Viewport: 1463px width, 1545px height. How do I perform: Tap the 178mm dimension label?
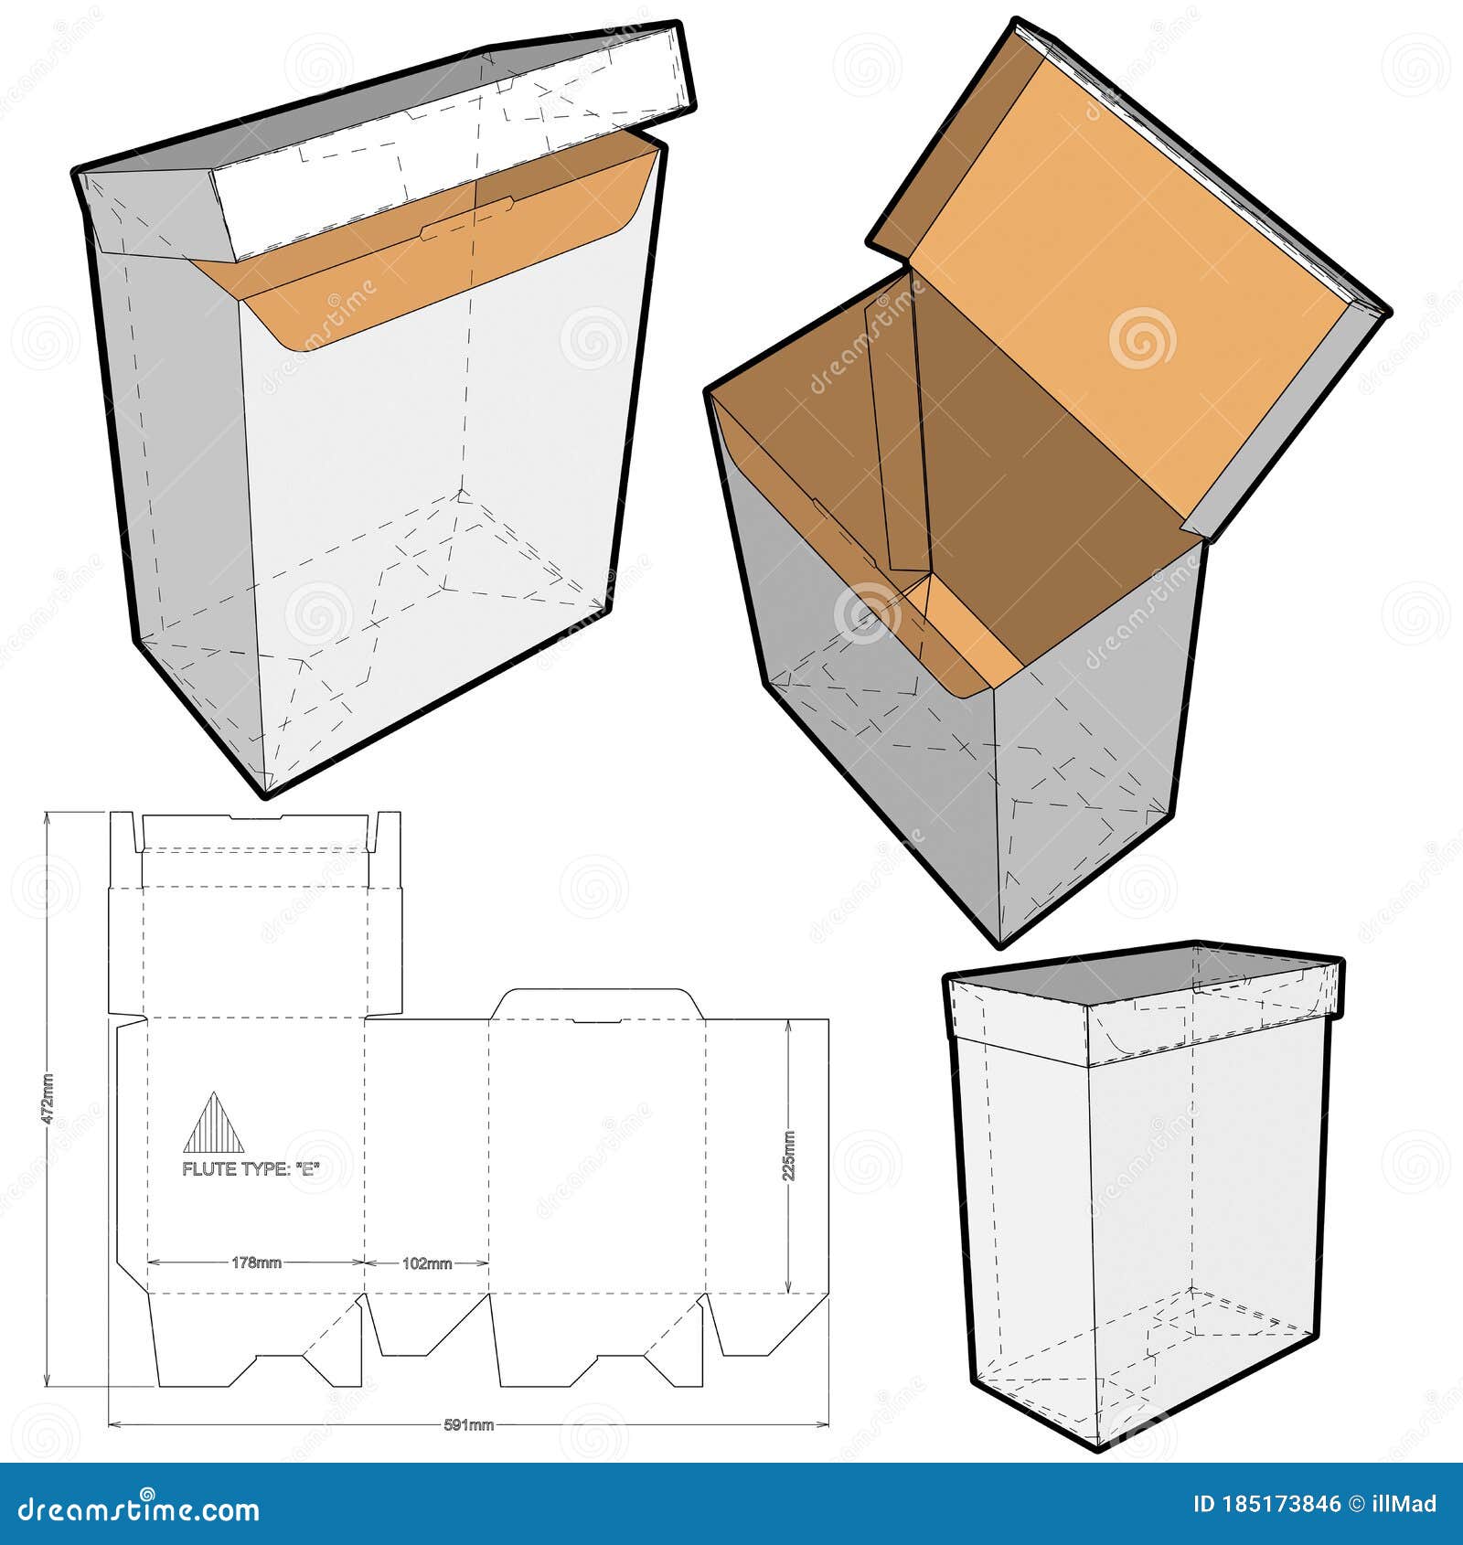tap(256, 1263)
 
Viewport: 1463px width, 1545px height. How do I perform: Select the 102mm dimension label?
tap(427, 1263)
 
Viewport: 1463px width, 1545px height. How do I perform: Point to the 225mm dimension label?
tap(789, 1156)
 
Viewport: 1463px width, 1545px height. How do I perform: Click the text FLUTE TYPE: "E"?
tap(252, 1168)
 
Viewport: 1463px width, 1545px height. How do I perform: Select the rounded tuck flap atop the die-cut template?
tap(596, 1003)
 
